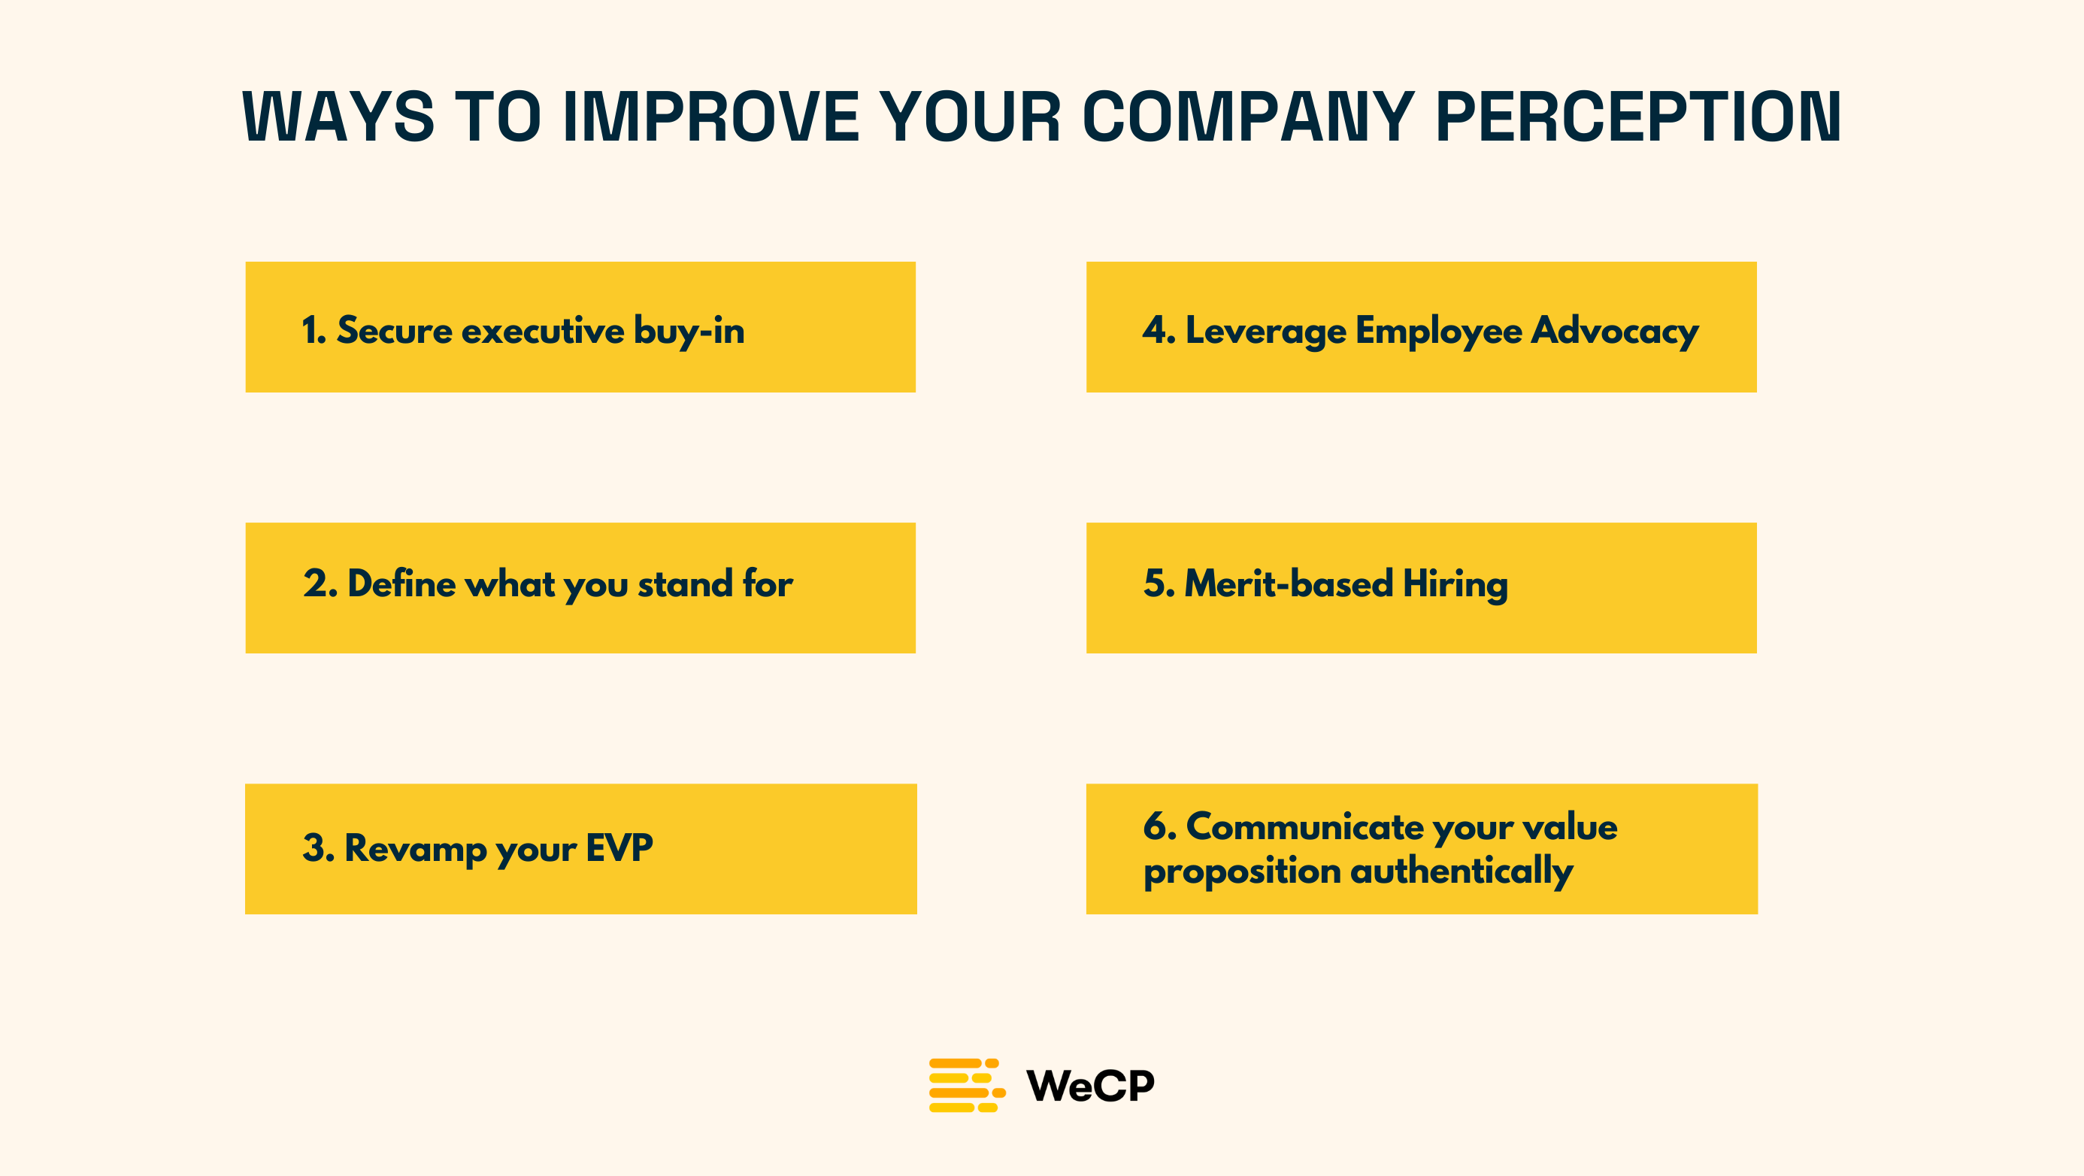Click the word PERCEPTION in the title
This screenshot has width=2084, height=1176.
[1638, 117]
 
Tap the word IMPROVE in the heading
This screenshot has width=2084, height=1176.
[711, 117]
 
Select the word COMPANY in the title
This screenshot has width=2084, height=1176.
[1248, 117]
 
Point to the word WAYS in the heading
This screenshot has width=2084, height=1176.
[338, 117]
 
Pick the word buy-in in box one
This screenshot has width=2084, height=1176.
[689, 331]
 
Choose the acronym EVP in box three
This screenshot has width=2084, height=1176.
[619, 848]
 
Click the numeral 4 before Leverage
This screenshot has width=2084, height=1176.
[1153, 330]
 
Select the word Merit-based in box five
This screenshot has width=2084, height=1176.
[1289, 583]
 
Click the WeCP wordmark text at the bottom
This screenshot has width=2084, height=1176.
[1089, 1085]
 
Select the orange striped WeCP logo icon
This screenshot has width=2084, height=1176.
[967, 1085]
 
